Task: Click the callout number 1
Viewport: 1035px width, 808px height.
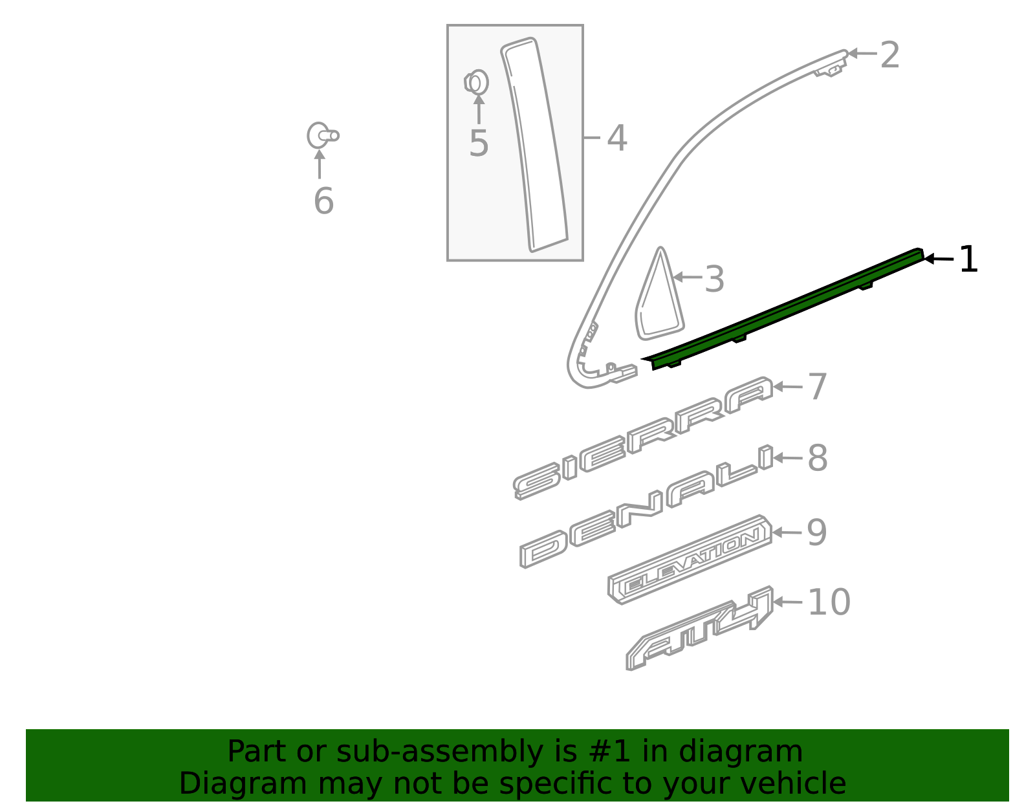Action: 968,260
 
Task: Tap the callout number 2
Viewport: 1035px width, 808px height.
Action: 890,56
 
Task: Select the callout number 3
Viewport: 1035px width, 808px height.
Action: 714,279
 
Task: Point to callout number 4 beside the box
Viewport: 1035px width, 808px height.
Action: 616,138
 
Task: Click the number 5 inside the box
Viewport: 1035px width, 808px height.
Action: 479,144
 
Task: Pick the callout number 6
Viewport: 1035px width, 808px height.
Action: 323,201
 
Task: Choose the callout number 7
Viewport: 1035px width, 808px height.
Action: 818,388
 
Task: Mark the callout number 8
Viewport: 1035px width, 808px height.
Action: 818,459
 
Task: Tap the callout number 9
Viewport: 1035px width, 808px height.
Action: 817,534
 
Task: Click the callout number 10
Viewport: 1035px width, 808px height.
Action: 829,603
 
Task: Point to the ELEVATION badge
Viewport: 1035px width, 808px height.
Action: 690,560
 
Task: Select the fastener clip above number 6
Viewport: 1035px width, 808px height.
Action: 321,136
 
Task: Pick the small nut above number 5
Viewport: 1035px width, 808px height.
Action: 477,83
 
